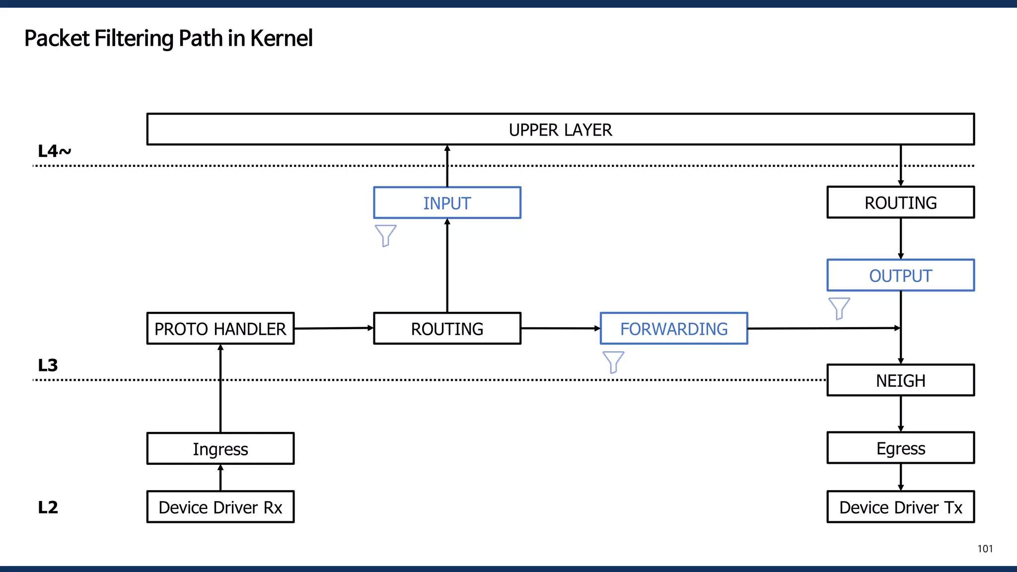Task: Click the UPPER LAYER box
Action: click(x=560, y=130)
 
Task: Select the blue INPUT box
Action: click(x=447, y=203)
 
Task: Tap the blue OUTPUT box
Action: click(x=900, y=275)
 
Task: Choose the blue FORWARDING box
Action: click(x=674, y=328)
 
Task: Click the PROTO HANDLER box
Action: click(x=220, y=328)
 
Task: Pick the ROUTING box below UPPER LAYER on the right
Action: click(x=900, y=202)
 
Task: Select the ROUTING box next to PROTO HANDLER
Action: click(x=447, y=328)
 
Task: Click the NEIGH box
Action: click(x=900, y=380)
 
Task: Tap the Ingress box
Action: click(x=220, y=448)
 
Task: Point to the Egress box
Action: click(x=900, y=448)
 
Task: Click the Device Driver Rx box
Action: click(x=220, y=507)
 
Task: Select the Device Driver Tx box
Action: click(x=900, y=507)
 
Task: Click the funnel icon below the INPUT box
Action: click(x=385, y=235)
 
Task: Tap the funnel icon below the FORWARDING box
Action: click(x=613, y=361)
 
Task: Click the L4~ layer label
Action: click(x=54, y=151)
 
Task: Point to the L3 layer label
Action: click(x=48, y=365)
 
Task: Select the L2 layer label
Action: click(x=48, y=507)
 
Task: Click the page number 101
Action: click(x=985, y=549)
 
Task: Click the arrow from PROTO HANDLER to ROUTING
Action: click(x=333, y=328)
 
